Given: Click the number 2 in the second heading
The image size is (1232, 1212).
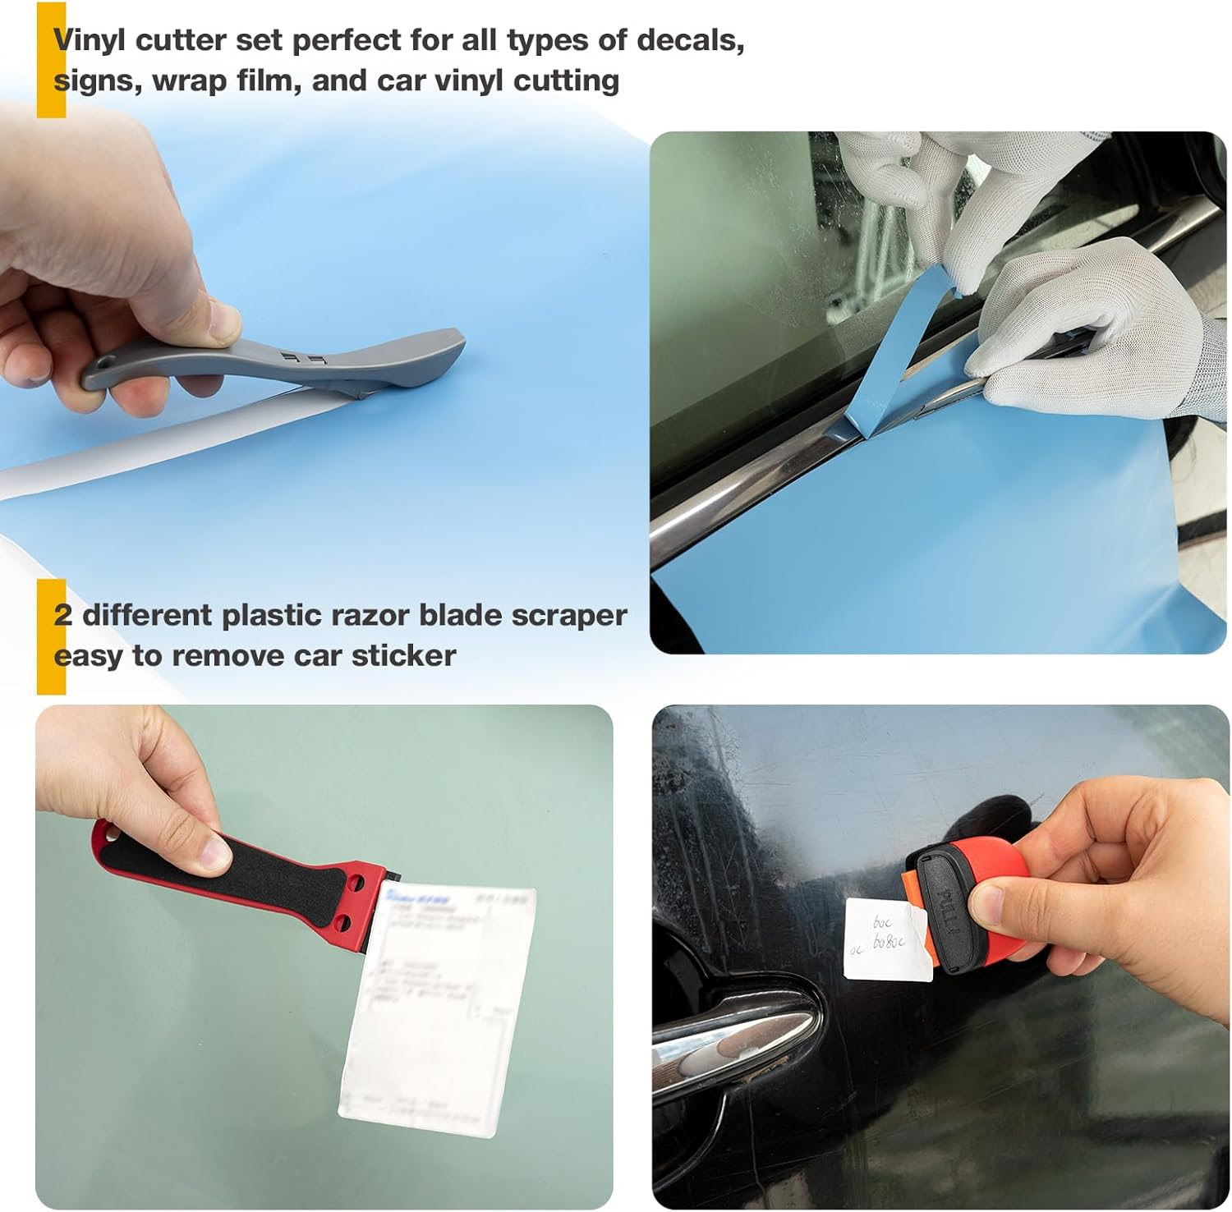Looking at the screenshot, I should tap(62, 615).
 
